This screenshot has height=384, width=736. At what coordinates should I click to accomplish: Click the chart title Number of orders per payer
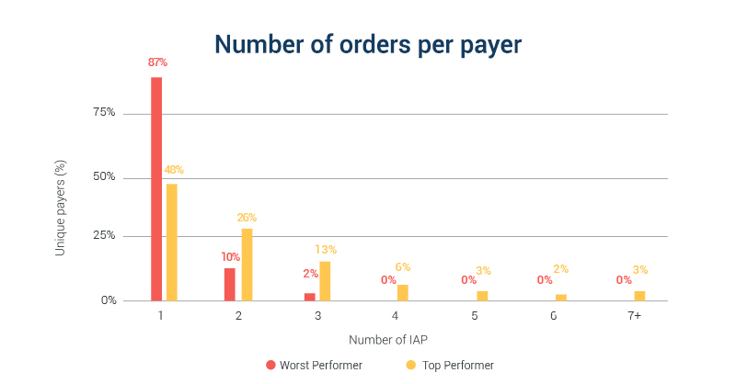pyautogui.click(x=368, y=44)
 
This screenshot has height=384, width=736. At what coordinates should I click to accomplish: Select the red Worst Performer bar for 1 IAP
pyautogui.click(x=156, y=188)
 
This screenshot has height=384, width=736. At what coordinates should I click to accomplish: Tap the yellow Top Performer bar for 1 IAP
pyautogui.click(x=172, y=242)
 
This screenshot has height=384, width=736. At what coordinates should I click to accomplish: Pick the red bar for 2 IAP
pyautogui.click(x=230, y=284)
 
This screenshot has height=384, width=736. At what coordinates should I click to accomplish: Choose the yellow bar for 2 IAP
pyautogui.click(x=247, y=264)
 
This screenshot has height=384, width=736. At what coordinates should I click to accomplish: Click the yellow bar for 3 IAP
pyautogui.click(x=325, y=280)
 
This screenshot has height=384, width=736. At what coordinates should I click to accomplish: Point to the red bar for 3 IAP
pyautogui.click(x=310, y=296)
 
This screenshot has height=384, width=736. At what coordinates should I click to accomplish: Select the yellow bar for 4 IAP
pyautogui.click(x=402, y=292)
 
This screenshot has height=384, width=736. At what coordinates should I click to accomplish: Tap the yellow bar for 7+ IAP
pyautogui.click(x=639, y=295)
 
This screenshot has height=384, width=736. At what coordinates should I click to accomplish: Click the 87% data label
pyautogui.click(x=157, y=62)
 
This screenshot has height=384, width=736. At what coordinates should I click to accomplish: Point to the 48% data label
pyautogui.click(x=174, y=170)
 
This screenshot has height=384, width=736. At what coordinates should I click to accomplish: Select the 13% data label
pyautogui.click(x=326, y=249)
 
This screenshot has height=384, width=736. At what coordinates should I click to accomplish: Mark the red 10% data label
pyautogui.click(x=230, y=257)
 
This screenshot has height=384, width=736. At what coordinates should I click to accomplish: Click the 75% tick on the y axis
pyautogui.click(x=104, y=113)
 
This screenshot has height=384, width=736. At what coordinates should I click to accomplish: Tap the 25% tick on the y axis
pyautogui.click(x=104, y=235)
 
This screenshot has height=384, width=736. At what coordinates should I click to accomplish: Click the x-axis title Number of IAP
pyautogui.click(x=388, y=340)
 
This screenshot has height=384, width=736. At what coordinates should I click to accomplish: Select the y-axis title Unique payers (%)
pyautogui.click(x=61, y=208)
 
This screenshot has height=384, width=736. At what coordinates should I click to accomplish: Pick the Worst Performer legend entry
pyautogui.click(x=314, y=365)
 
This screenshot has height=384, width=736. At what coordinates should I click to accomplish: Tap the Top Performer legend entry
pyautogui.click(x=450, y=365)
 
